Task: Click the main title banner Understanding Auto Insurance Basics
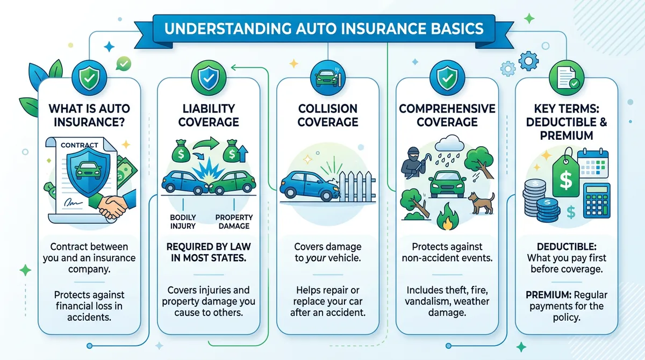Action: (x=322, y=27)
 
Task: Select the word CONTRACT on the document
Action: (x=80, y=145)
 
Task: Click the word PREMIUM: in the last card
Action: (x=548, y=296)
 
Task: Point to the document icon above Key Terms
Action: (x=566, y=76)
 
